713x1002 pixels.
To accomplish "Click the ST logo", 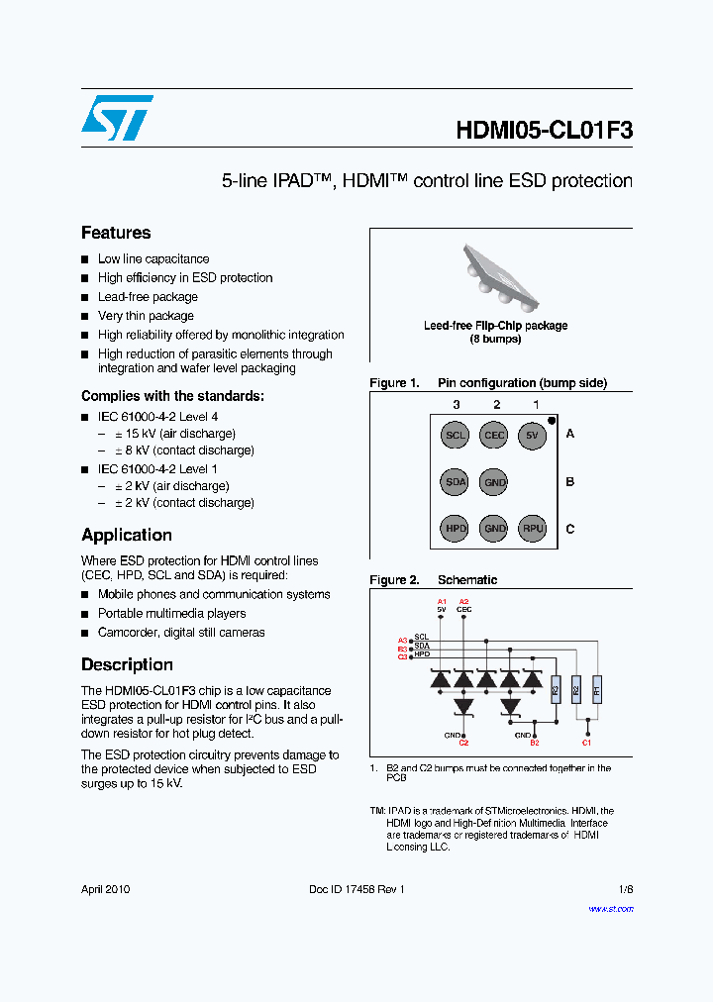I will [117, 118].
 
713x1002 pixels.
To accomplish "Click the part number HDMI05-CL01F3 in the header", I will [544, 132].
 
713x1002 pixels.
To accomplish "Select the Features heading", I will [116, 233].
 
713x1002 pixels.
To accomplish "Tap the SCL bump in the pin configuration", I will [456, 435].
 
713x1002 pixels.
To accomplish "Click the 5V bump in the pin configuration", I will [533, 435].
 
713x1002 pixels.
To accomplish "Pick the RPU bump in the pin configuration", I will [533, 529].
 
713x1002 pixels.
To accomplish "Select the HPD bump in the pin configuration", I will [456, 529].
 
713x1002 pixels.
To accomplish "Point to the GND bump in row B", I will [494, 482].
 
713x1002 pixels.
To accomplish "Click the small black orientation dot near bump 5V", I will [552, 421].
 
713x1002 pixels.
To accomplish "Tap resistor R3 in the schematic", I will [555, 688].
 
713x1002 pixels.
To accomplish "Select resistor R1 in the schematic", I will [596, 688].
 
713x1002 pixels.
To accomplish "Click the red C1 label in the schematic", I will [586, 742].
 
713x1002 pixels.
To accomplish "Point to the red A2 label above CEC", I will [463, 601].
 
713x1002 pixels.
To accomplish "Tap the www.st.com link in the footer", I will [610, 908].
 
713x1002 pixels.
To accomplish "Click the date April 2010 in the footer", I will [105, 889].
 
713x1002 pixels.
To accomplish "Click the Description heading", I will [127, 664].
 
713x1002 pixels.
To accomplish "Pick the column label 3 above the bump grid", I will [456, 404].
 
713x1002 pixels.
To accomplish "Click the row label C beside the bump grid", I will [569, 529].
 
